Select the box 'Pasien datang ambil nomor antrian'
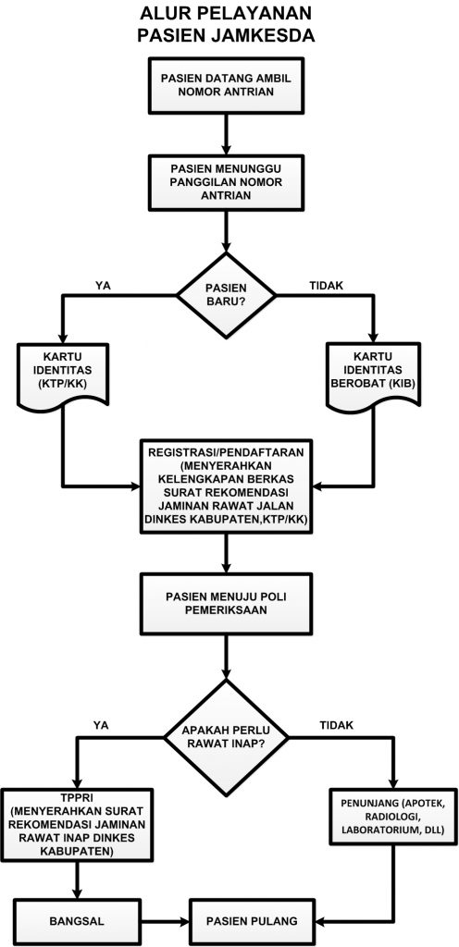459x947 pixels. pyautogui.click(x=227, y=85)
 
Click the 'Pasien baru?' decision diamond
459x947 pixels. pyautogui.click(x=227, y=296)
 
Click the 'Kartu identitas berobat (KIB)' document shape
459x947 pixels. pyautogui.click(x=374, y=375)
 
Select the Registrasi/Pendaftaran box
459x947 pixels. pyautogui.click(x=227, y=486)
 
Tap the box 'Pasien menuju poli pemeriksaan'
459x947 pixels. pyautogui.click(x=227, y=603)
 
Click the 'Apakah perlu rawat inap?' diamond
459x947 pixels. pyautogui.click(x=227, y=735)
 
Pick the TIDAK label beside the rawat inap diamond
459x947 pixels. pyautogui.click(x=335, y=725)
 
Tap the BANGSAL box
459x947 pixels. pyautogui.click(x=77, y=922)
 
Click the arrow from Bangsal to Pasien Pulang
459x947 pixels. pyautogui.click(x=166, y=922)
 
